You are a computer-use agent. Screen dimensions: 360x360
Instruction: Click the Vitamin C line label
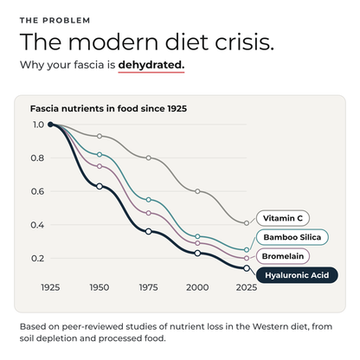pos(283,218)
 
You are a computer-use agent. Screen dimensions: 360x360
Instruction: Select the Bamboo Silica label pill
pos(292,237)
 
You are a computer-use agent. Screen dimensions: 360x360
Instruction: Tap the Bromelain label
pos(283,256)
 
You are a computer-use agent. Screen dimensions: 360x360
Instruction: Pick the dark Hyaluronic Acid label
pos(297,275)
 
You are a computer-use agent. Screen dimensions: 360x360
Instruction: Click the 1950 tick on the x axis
pos(100,287)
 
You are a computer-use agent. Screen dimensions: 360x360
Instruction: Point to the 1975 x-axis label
pos(148,287)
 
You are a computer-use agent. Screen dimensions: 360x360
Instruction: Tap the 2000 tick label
pos(197,287)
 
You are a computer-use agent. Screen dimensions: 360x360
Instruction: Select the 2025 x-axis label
pos(247,287)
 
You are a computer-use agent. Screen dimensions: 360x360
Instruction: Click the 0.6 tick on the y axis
pos(37,191)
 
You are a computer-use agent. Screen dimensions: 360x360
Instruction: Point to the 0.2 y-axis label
pos(37,258)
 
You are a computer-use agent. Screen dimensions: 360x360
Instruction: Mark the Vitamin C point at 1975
pos(148,157)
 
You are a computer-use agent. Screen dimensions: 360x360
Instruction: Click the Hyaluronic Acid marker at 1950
pos(100,186)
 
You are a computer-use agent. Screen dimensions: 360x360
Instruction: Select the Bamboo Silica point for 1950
pos(100,154)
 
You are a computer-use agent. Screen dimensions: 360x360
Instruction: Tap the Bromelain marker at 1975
pos(148,213)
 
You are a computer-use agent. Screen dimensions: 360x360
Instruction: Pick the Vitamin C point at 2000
pos(197,191)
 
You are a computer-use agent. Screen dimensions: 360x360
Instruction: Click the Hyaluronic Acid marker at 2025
pos(247,268)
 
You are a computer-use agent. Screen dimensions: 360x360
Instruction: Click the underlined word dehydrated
pos(151,65)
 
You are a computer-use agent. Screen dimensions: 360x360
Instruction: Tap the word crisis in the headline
pos(244,42)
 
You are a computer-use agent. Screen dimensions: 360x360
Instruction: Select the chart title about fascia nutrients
pos(108,108)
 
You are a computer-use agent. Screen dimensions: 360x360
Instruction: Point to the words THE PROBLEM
pos(55,21)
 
